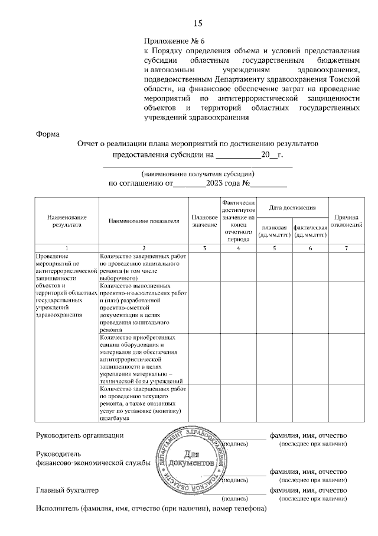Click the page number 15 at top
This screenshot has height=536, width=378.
point(197,24)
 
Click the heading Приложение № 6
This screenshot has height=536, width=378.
point(174,41)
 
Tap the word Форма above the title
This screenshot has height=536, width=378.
point(48,134)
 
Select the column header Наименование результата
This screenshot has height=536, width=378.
point(66,221)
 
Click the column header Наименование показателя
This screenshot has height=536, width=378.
point(144,221)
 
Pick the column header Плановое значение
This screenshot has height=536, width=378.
point(204,221)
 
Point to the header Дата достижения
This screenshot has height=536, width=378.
point(292,208)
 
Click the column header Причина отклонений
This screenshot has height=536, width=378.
point(346,221)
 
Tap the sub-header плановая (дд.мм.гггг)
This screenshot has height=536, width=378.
point(275,231)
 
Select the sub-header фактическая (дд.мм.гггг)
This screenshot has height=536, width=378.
point(310,231)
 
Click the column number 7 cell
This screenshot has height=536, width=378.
point(346,247)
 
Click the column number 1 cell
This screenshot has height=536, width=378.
point(66,247)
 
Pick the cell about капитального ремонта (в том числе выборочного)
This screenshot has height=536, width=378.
point(144,266)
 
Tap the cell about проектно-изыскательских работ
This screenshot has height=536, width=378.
point(144,307)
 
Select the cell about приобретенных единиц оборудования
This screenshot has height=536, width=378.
point(144,359)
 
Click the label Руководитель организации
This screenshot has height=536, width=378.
point(80,436)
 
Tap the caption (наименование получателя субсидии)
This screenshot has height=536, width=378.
point(197,174)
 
